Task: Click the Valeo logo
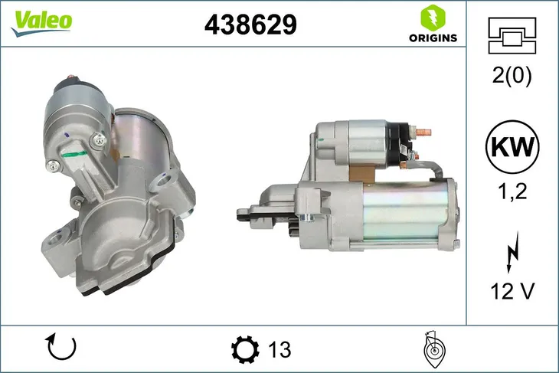tap(41, 21)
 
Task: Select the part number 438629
tap(250, 25)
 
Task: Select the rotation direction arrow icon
tap(61, 348)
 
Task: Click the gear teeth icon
tap(245, 350)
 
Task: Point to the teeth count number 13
tap(280, 350)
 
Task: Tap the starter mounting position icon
tap(433, 349)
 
